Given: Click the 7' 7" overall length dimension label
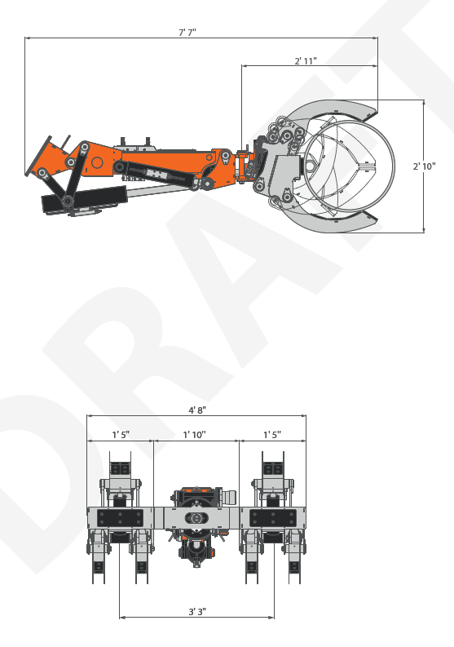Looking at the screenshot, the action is pos(187,32).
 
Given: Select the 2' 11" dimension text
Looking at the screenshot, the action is pos(306,60).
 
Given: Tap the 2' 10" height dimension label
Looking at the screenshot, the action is pos(425,166).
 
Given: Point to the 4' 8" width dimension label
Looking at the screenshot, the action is pos(197,410).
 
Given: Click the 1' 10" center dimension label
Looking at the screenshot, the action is pos(194,435).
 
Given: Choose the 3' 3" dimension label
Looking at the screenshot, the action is pos(197,612).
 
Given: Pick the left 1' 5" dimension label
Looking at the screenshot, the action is pos(121,435).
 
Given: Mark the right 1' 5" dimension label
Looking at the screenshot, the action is pos(272,435).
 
